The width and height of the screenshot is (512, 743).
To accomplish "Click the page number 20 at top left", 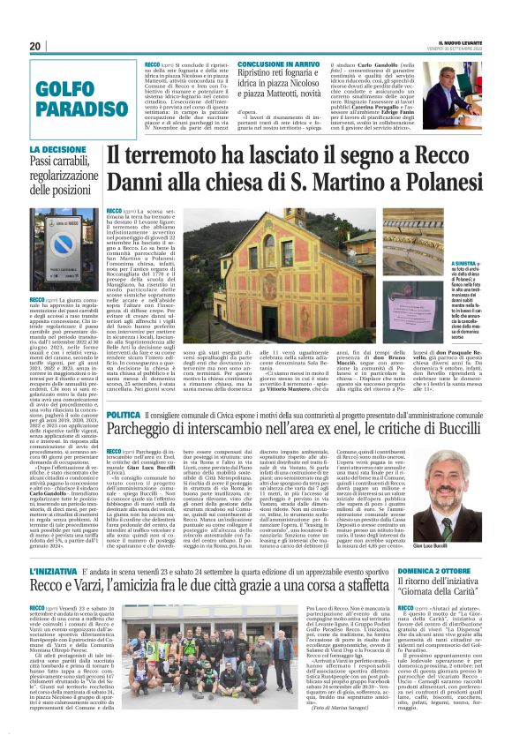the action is pos(35,46).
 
